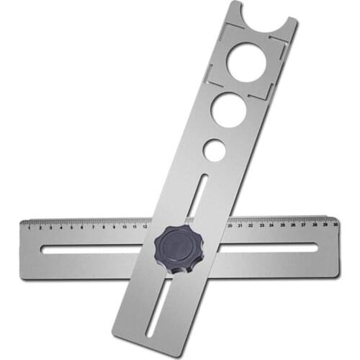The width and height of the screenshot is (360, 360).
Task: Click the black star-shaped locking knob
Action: coord(179,248)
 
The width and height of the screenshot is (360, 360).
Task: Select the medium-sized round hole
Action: coord(228,110)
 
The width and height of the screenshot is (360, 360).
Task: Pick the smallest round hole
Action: coord(213,150)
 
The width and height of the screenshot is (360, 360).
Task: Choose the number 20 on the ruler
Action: coord(230,225)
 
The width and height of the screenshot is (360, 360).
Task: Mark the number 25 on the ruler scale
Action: coord(282,225)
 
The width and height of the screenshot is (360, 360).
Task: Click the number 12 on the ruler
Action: coord(145,226)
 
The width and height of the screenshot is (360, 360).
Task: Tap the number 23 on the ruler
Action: coord(261,225)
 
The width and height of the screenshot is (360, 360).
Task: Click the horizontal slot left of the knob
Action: coord(94,249)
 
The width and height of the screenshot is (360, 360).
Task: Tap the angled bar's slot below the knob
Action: coord(160,306)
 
